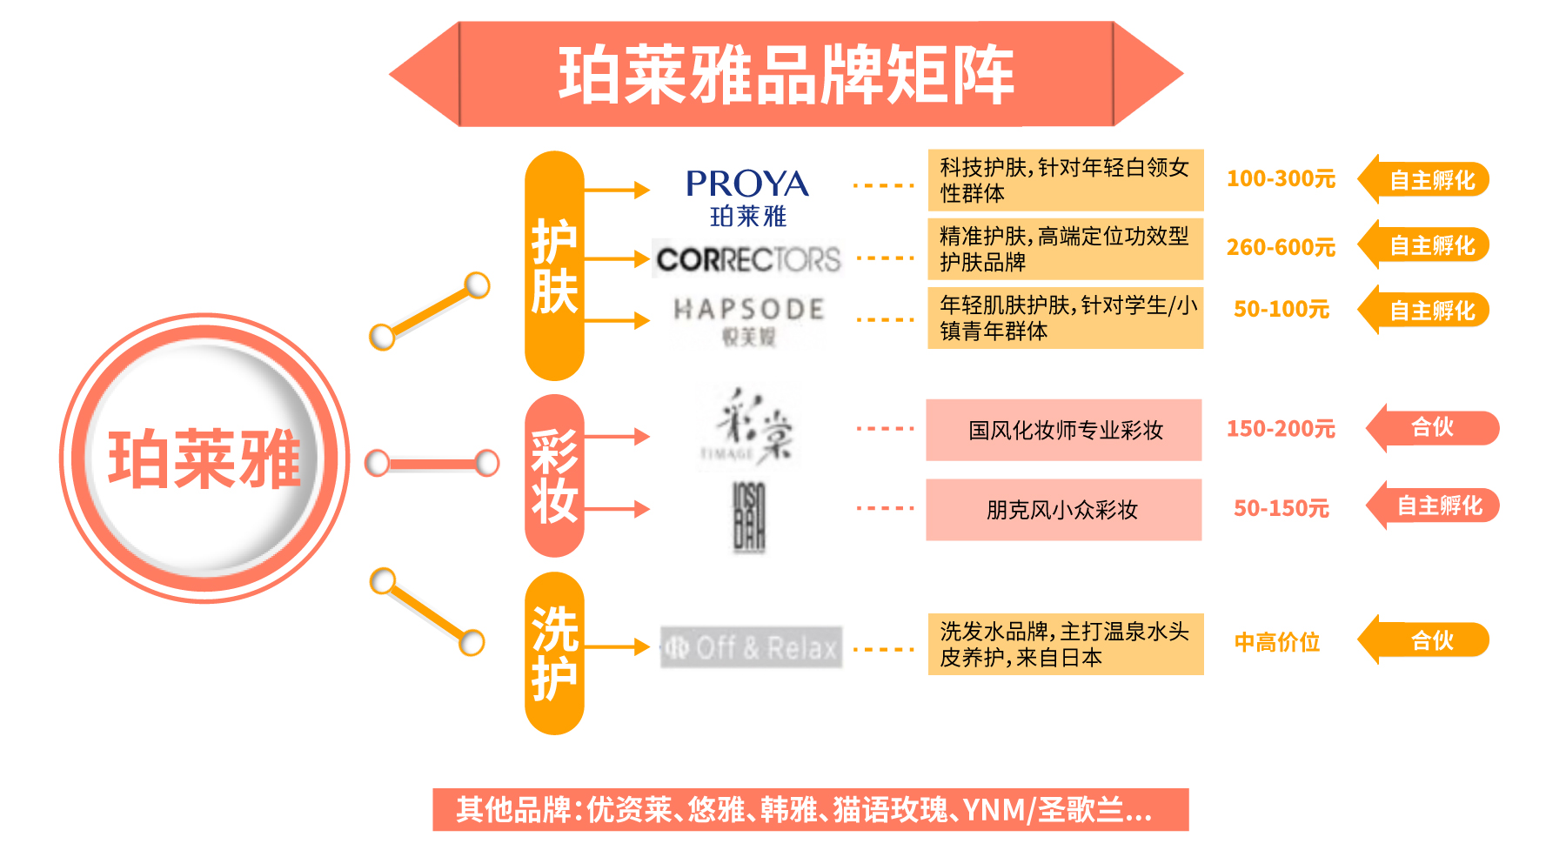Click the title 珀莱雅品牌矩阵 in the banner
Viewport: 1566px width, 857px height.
786,75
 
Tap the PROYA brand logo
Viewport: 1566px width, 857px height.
747,196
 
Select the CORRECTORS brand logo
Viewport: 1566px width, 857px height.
748,259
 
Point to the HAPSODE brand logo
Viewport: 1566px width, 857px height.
748,319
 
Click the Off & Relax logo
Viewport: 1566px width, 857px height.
751,647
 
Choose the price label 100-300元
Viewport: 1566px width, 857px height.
1281,179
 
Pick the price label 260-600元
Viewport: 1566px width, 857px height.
1281,248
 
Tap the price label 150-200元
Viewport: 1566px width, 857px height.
1281,429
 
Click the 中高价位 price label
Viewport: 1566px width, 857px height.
1277,643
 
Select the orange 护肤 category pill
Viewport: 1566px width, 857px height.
554,265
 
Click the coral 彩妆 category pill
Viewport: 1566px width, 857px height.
554,475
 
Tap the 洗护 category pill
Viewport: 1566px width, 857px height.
554,653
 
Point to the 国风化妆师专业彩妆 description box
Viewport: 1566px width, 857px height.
1064,430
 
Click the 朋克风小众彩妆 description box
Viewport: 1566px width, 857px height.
1064,510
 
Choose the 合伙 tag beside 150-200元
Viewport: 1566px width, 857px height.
1434,427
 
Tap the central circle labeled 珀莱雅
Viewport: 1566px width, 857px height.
204,459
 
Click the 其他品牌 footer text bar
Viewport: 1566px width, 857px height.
810,810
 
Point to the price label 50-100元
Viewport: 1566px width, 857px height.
1281,310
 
